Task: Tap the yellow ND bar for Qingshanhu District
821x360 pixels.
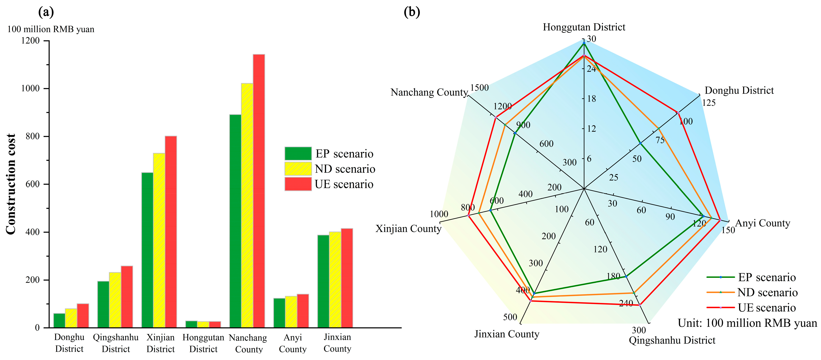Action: point(115,299)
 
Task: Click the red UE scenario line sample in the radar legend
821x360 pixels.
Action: point(720,307)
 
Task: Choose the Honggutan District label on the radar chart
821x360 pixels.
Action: point(584,27)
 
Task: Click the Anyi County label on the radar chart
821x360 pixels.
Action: point(762,223)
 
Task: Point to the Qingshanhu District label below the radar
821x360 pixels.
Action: point(672,340)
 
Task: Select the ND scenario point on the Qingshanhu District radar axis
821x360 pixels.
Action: point(634,292)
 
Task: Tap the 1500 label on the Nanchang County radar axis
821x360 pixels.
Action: point(479,87)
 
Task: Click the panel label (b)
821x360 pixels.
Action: point(412,12)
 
